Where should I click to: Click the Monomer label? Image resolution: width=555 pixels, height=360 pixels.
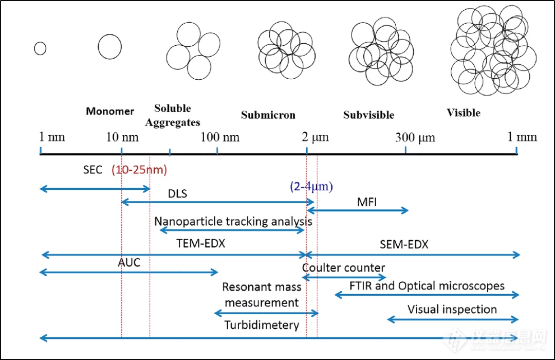click(x=110, y=111)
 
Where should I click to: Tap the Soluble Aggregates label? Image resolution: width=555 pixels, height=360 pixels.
click(x=173, y=116)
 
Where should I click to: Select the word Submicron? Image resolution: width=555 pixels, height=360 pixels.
click(x=268, y=115)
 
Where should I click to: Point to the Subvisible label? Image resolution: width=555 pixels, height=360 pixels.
click(x=368, y=115)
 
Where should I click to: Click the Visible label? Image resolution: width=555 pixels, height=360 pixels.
click(x=464, y=113)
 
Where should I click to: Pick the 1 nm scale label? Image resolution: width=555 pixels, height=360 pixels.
click(x=52, y=137)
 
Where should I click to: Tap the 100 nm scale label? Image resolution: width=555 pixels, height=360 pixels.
click(x=220, y=137)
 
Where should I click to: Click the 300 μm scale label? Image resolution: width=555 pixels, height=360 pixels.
click(x=415, y=137)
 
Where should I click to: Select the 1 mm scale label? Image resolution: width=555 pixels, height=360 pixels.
click(x=522, y=137)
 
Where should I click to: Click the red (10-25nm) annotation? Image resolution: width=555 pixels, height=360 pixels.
click(x=139, y=169)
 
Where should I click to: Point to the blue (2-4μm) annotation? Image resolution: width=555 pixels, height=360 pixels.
click(x=311, y=186)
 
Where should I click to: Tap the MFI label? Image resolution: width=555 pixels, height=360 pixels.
click(x=366, y=202)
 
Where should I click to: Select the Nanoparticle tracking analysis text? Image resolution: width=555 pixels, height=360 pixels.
click(x=233, y=221)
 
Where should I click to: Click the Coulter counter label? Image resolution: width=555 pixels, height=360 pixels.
click(x=343, y=267)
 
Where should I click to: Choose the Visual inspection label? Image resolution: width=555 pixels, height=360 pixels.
click(x=452, y=309)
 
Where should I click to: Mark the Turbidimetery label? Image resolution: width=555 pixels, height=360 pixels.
click(x=262, y=325)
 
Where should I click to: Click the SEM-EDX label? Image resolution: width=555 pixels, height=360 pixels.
click(x=404, y=245)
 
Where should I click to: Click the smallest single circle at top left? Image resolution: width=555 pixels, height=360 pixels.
click(x=40, y=48)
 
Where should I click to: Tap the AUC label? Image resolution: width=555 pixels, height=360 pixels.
click(x=128, y=262)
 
